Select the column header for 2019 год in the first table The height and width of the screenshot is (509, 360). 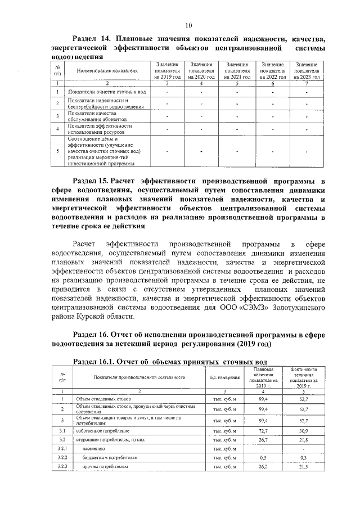[168, 71]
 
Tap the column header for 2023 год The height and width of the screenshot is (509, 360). [307, 71]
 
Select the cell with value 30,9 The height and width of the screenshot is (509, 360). [304, 431]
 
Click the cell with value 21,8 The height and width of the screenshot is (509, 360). [304, 439]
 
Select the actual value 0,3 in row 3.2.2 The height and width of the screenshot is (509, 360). [304, 458]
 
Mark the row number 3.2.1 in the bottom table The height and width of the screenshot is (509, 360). [62, 448]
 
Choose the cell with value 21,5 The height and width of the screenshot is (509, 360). [304, 467]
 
